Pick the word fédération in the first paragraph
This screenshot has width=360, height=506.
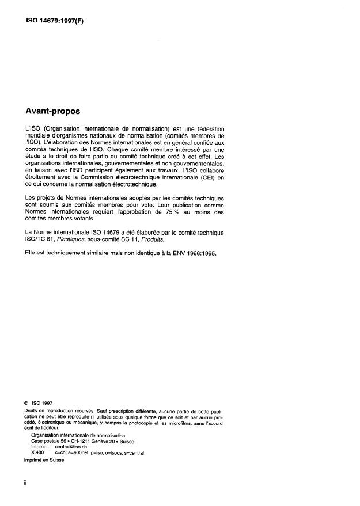pyautogui.click(x=207, y=128)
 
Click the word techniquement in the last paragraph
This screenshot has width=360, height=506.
pyautogui.click(x=61, y=254)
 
